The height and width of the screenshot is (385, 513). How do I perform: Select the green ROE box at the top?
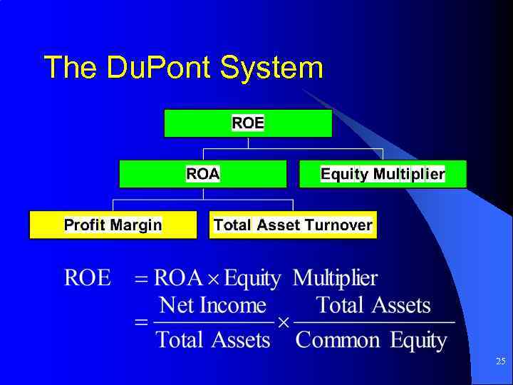tap(248, 123)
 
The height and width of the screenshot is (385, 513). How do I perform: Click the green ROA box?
tap(203, 174)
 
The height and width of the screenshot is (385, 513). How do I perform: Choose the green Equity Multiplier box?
tap(383, 174)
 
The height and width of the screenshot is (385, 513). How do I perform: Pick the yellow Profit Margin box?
tap(113, 225)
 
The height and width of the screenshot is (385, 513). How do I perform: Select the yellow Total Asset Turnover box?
tap(293, 225)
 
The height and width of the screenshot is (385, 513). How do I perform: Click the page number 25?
tap(500, 362)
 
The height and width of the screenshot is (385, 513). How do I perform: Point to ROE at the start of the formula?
tap(88, 278)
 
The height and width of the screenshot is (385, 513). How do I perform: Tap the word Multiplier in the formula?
tap(335, 278)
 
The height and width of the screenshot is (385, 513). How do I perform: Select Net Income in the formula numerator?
tap(212, 306)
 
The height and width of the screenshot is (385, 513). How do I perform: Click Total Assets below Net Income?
tap(213, 339)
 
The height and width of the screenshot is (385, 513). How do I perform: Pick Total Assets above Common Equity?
tap(373, 306)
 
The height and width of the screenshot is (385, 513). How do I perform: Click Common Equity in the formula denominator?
tap(371, 340)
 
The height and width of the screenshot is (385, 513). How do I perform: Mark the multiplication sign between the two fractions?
tap(283, 323)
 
